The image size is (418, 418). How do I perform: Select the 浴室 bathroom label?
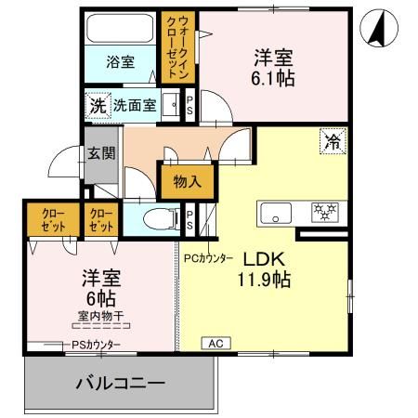point(120,62)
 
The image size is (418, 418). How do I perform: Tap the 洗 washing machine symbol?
point(97,106)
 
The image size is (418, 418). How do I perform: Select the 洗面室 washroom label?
point(135,106)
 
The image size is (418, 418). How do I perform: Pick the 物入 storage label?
point(187,182)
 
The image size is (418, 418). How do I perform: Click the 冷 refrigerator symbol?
point(332,142)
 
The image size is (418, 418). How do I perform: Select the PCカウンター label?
point(208,258)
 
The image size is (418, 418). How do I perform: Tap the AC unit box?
point(215,343)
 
